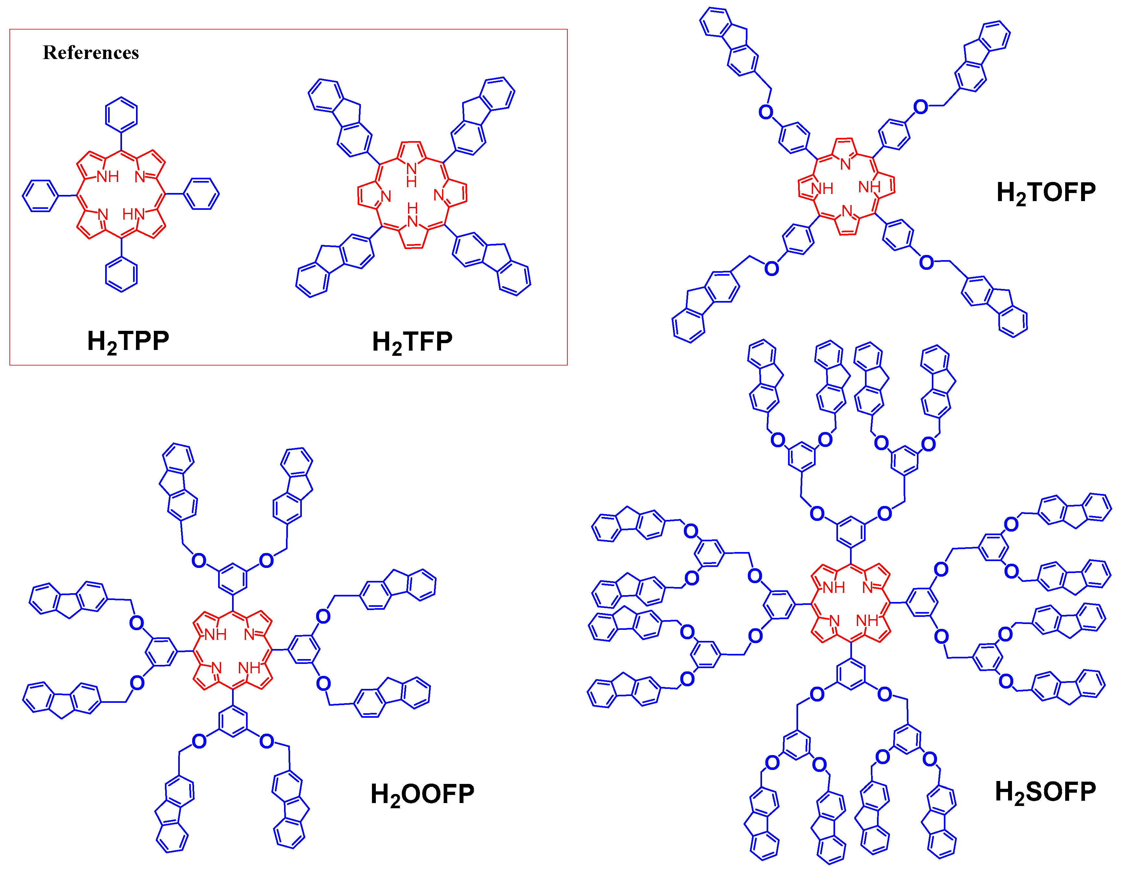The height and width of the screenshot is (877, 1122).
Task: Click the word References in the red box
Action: click(91, 52)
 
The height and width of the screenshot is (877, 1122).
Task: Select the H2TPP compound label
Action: click(128, 341)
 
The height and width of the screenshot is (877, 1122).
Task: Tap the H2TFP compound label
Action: click(412, 342)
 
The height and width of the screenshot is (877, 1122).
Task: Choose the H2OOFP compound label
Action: click(422, 794)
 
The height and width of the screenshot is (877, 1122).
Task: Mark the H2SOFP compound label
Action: click(1045, 792)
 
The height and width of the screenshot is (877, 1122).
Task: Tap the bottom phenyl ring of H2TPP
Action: click(121, 275)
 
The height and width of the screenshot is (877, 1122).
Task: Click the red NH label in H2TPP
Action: click(108, 177)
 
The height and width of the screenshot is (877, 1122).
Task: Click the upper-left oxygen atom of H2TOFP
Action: click(765, 112)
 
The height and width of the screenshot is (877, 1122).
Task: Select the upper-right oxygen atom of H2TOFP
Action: click(921, 107)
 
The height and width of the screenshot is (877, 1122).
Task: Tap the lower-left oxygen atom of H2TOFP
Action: click(771, 268)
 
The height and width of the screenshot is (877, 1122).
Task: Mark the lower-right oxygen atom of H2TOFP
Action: click(926, 262)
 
